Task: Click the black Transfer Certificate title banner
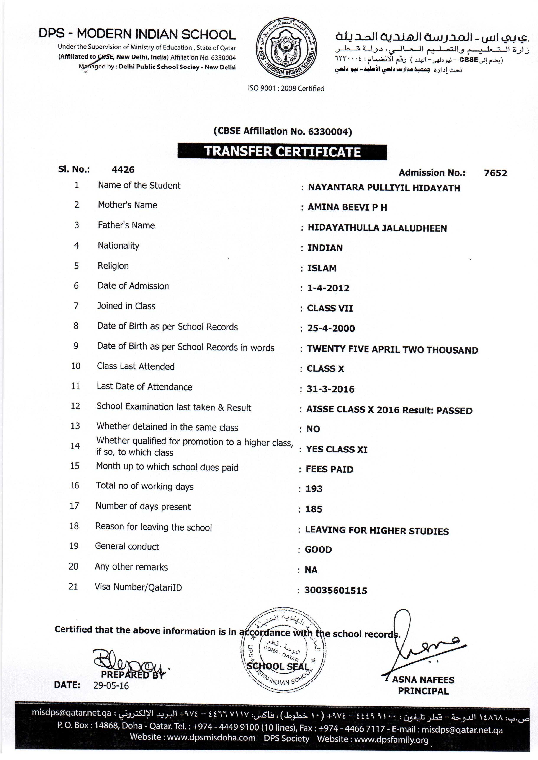pyautogui.click(x=282, y=152)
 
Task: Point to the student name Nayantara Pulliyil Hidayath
pyautogui.click(x=384, y=188)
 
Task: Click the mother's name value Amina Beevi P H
pyautogui.click(x=347, y=208)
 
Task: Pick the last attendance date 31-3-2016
pyautogui.click(x=330, y=389)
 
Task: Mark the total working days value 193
pyautogui.click(x=314, y=489)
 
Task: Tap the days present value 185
pyautogui.click(x=314, y=509)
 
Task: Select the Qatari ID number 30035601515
pyautogui.click(x=336, y=591)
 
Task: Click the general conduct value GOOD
pyautogui.click(x=318, y=550)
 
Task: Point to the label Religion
pyautogui.click(x=113, y=266)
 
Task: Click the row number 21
pyautogui.click(x=73, y=587)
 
